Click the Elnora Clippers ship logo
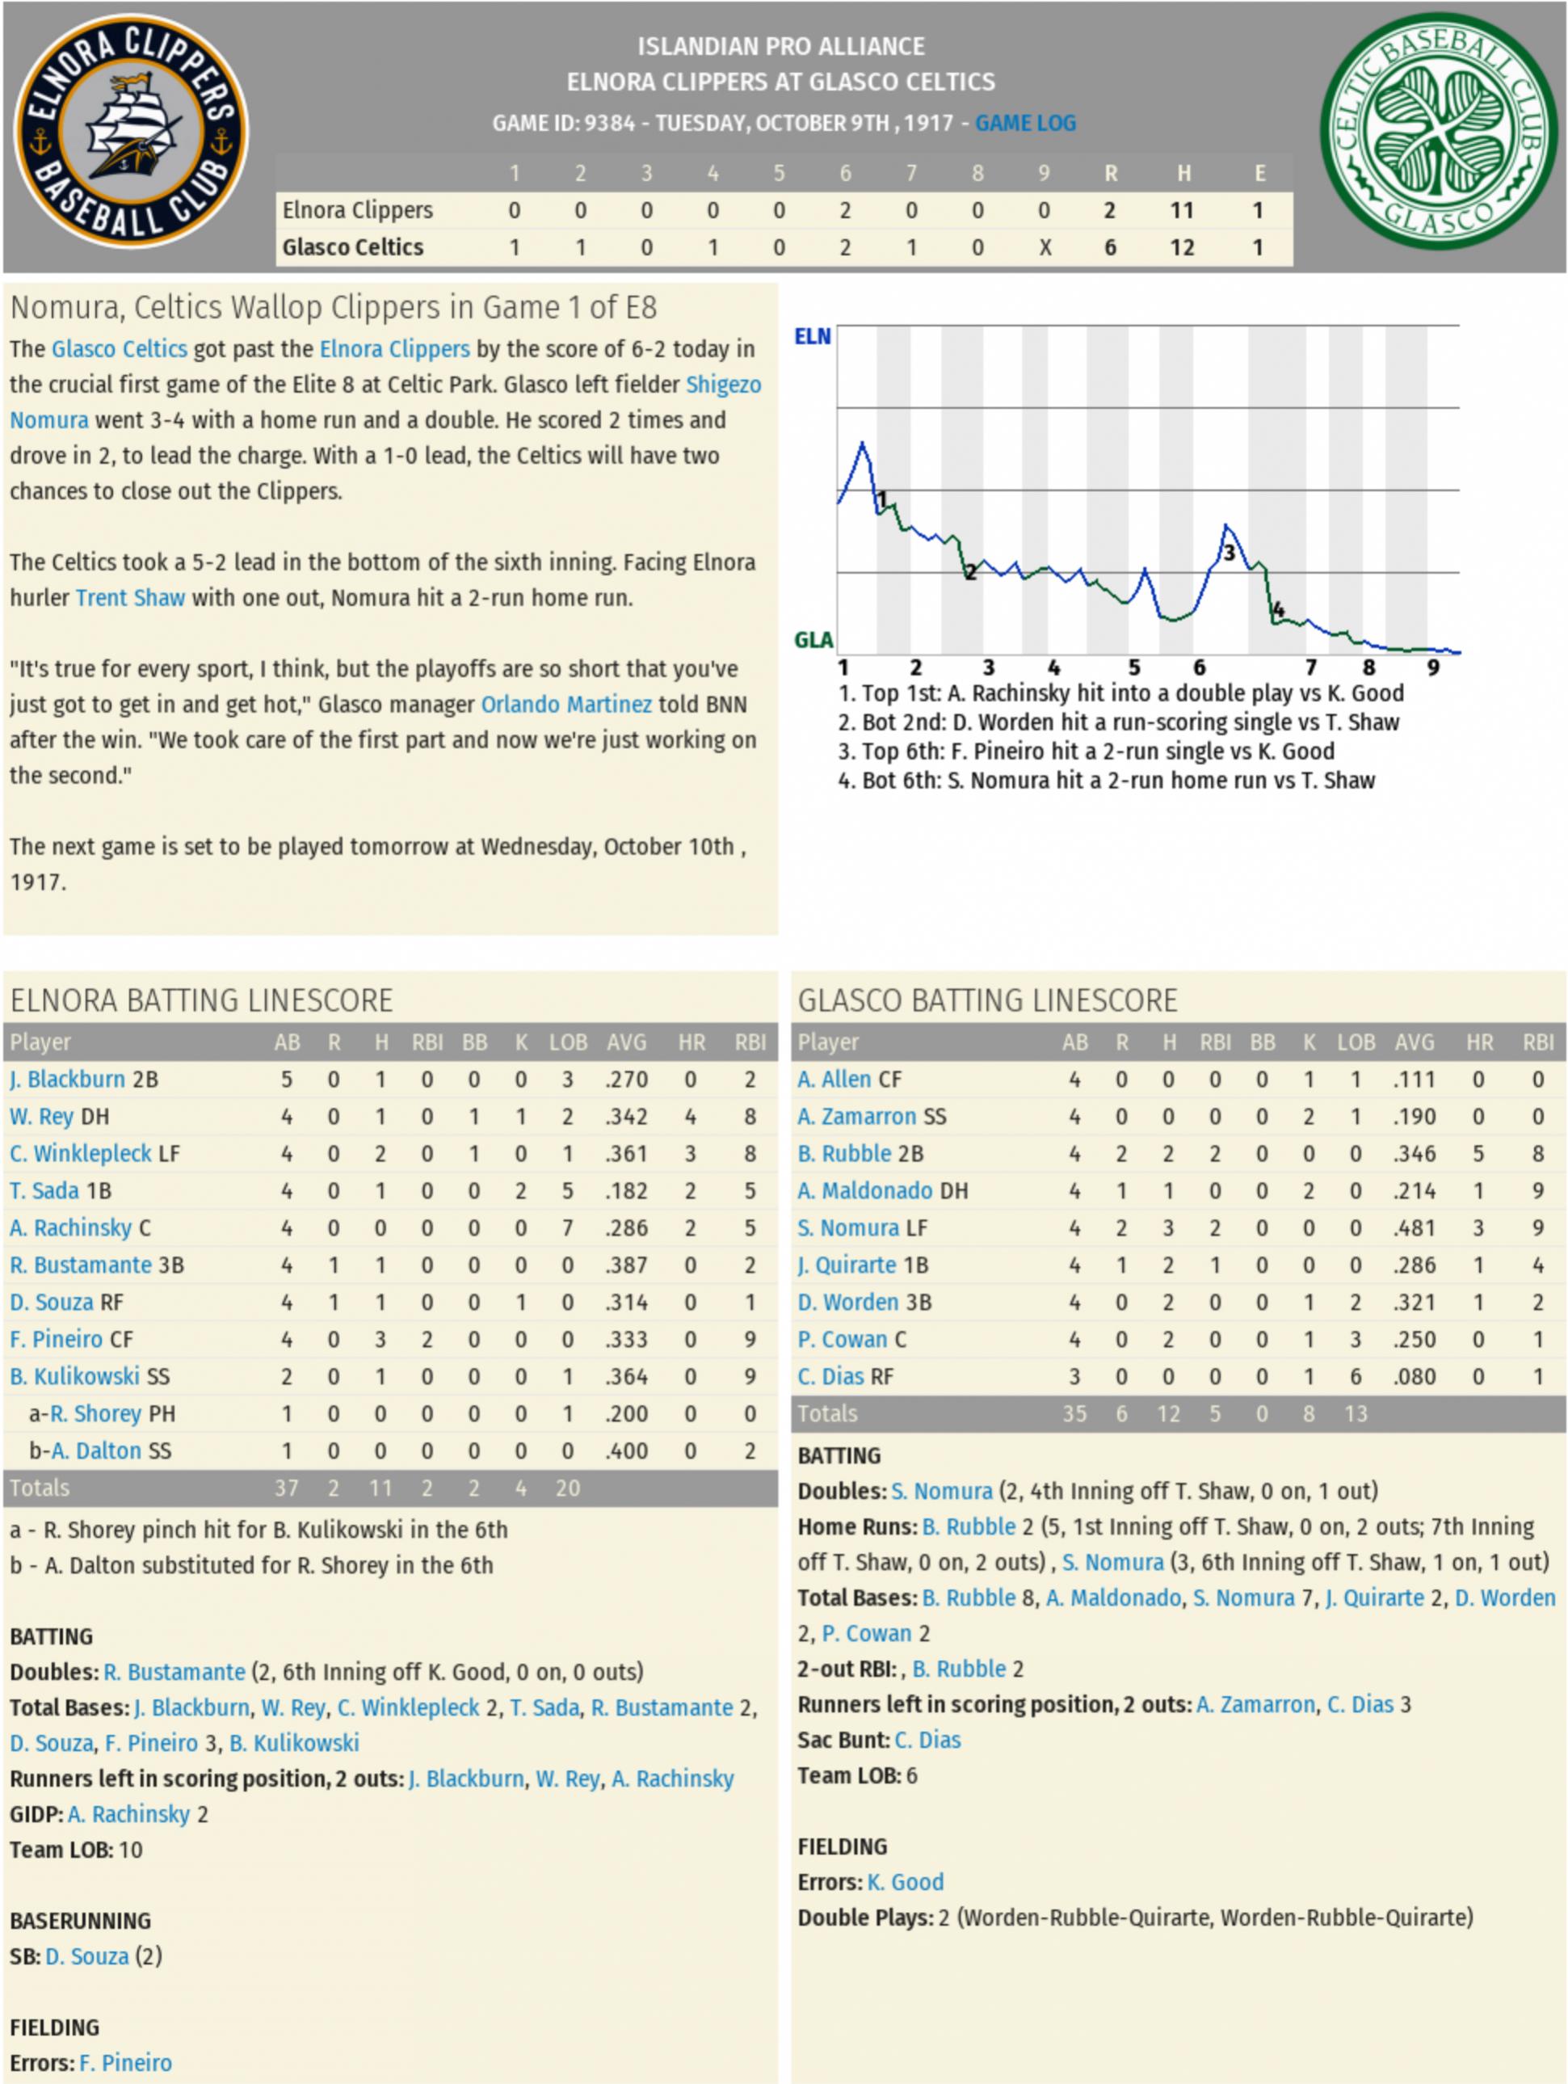coord(131,131)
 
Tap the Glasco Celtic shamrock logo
coord(1438,131)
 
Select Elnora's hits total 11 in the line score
coord(1182,210)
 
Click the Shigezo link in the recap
coord(723,385)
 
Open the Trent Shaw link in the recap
coord(130,597)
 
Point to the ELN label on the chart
coord(812,336)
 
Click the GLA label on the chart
coord(813,641)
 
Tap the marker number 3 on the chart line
coord(1228,553)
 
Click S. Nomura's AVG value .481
coord(1414,1227)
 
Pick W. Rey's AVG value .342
coord(626,1117)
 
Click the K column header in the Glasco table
coord(1309,1042)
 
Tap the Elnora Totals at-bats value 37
coord(286,1488)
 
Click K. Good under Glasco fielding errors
coord(905,1881)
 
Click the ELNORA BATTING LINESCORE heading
coord(201,1000)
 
